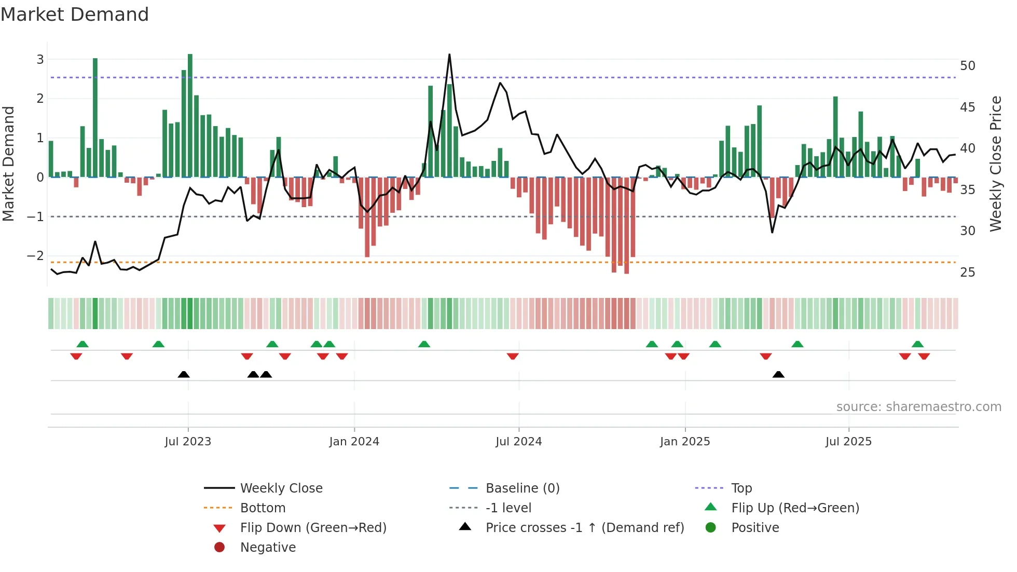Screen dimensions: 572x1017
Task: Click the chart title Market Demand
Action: point(75,14)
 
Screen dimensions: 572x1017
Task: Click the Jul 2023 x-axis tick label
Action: point(188,442)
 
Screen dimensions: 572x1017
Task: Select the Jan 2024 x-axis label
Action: point(354,442)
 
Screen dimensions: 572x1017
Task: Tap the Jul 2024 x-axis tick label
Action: point(518,442)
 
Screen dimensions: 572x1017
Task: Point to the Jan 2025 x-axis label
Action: point(685,442)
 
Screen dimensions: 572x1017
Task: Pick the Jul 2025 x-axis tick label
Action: point(848,442)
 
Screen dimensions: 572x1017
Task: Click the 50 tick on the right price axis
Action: point(967,66)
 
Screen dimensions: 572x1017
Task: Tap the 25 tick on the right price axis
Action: point(967,273)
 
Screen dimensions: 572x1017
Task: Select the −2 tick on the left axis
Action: point(35,256)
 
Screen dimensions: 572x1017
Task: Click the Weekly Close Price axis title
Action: point(995,164)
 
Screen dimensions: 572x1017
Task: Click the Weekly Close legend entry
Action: point(281,488)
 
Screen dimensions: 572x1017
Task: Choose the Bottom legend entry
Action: point(263,508)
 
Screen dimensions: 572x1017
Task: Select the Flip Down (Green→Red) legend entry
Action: point(313,528)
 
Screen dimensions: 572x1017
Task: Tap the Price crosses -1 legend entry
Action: point(584,528)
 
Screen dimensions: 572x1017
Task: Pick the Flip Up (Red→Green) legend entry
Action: point(795,508)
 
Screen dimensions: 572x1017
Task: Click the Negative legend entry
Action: point(268,548)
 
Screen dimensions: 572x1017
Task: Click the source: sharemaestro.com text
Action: point(918,407)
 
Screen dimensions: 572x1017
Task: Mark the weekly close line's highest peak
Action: point(449,55)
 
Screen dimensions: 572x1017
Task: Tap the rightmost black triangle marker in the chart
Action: point(778,375)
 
